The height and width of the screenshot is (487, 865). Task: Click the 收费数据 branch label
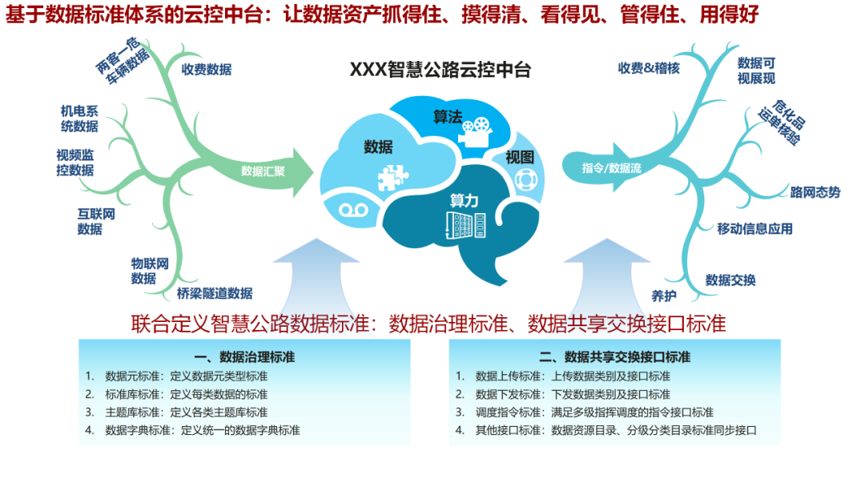pos(206,70)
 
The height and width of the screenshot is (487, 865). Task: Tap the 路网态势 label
pos(815,192)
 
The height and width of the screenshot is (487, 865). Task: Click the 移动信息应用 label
pos(754,229)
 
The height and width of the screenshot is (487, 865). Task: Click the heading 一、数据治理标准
pos(244,356)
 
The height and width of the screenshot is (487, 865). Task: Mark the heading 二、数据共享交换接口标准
pos(614,356)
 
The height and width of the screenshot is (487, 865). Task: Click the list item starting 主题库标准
pos(187,412)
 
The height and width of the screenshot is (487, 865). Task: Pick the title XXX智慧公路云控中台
pos(441,70)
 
